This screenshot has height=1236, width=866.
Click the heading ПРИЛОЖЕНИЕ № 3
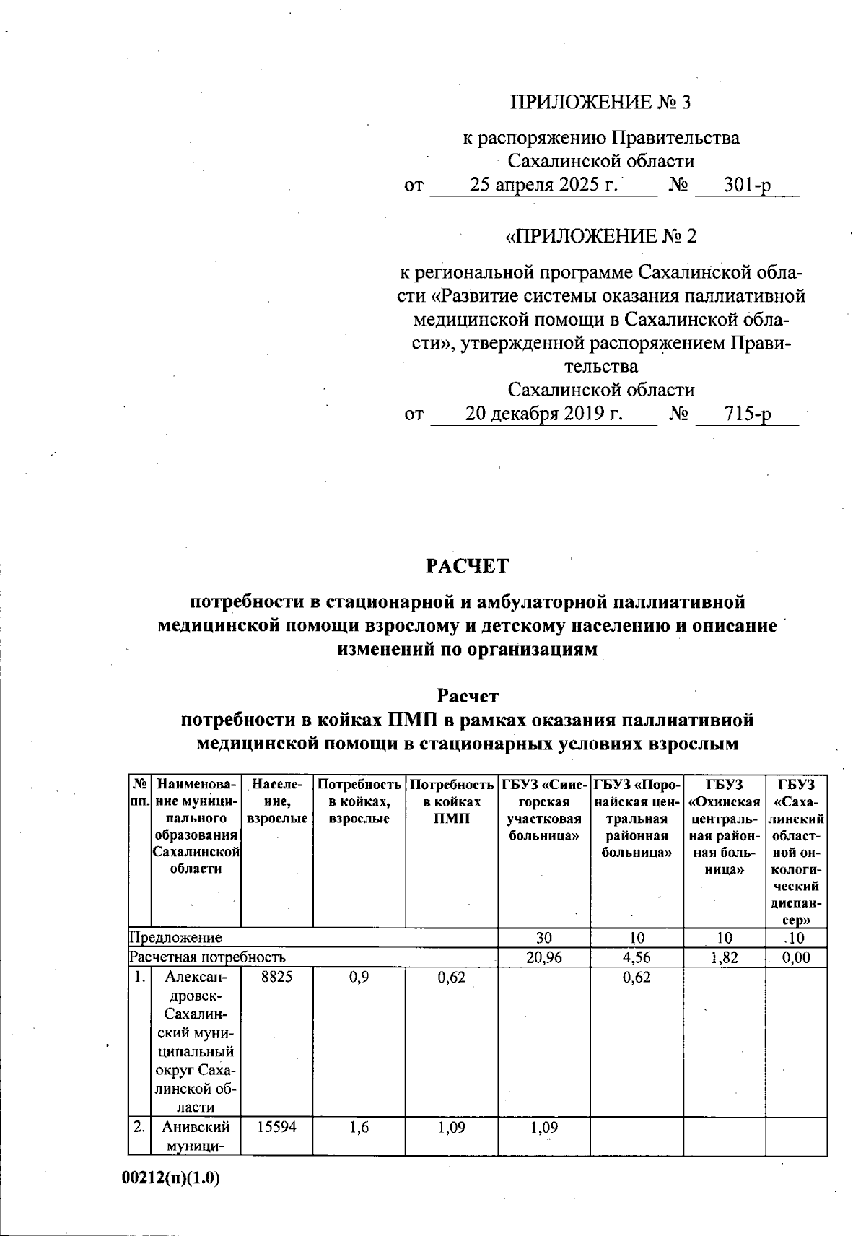600,103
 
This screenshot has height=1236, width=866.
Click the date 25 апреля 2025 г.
544,185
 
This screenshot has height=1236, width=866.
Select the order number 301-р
747,185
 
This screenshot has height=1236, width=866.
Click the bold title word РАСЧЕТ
467,565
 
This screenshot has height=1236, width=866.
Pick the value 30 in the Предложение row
544,938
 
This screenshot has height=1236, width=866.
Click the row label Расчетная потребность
207,957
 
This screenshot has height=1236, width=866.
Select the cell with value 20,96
544,957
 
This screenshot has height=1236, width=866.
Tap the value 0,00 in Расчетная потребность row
796,957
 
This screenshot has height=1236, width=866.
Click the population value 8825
277,978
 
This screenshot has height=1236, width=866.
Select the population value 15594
277,1127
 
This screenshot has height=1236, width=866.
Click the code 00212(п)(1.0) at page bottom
170,1178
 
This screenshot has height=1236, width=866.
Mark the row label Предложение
175,938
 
